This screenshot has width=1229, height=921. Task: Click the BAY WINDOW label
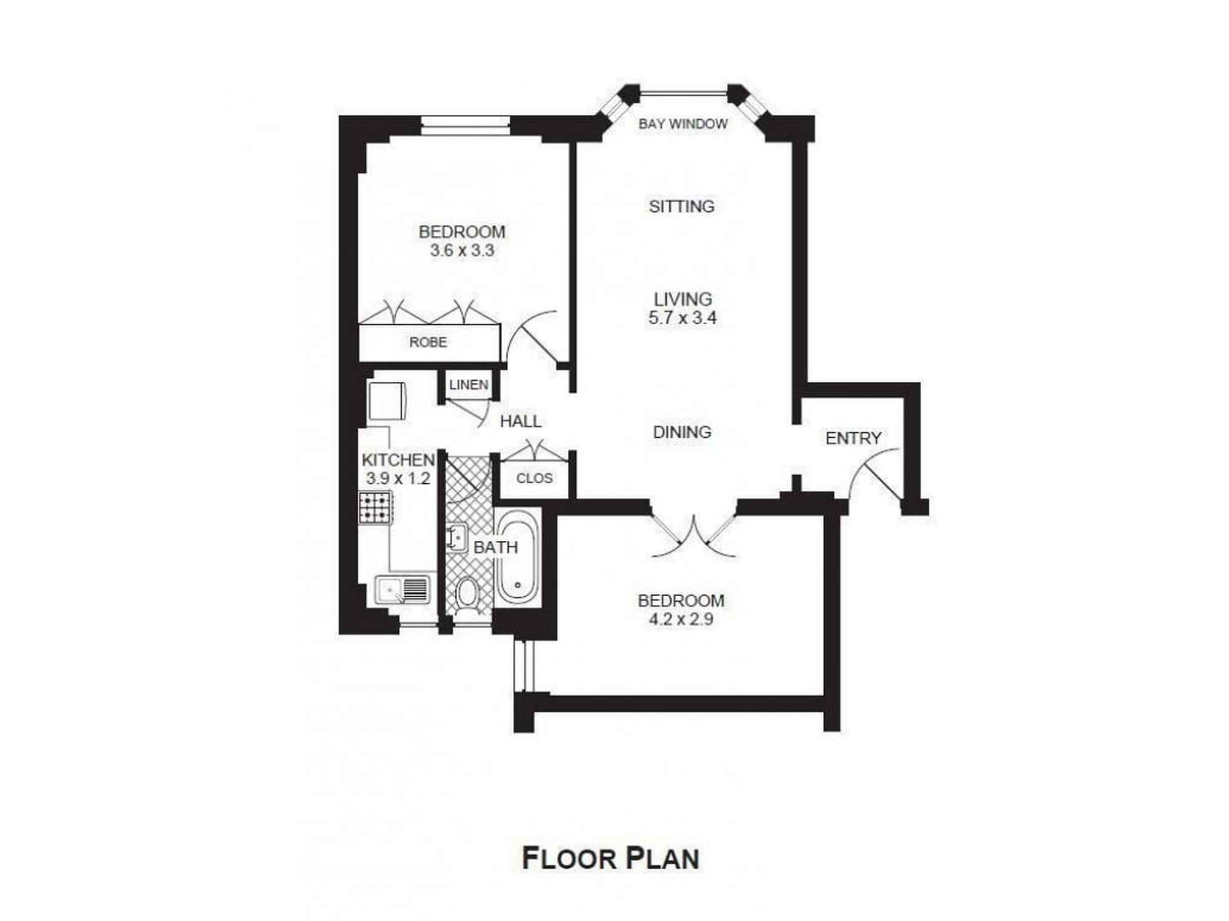coord(683,124)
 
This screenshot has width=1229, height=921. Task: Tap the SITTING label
coord(681,206)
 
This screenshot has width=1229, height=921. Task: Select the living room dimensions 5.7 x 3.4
coord(682,318)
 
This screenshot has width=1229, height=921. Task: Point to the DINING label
coord(682,432)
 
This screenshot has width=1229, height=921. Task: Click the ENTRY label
coord(853,438)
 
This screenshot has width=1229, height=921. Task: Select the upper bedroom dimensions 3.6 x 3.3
coord(461,251)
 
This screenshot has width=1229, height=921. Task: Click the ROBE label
coord(428,342)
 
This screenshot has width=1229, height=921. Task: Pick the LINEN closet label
coord(469,385)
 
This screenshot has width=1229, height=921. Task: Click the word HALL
coord(520,421)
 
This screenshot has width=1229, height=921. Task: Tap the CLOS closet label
coord(534,478)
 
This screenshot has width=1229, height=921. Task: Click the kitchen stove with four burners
coord(375,508)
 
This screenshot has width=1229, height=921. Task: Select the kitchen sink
coord(402,590)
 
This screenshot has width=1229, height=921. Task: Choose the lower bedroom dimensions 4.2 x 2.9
coord(681,620)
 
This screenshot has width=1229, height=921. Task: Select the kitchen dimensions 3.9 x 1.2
coord(398,478)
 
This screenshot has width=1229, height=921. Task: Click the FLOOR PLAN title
coord(610,858)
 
